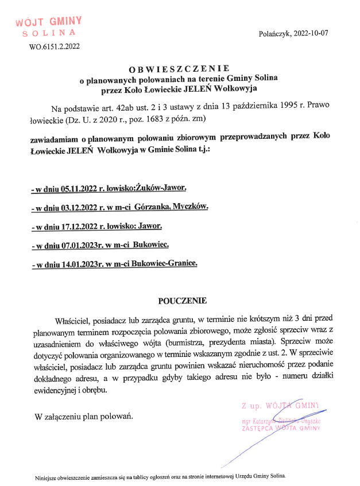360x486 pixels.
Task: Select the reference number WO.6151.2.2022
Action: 54,47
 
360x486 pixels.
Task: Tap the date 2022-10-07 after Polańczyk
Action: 310,33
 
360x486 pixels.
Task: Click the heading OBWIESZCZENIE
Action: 179,69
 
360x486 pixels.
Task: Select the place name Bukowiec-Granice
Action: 164,264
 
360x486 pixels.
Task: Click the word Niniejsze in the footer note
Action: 48,476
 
